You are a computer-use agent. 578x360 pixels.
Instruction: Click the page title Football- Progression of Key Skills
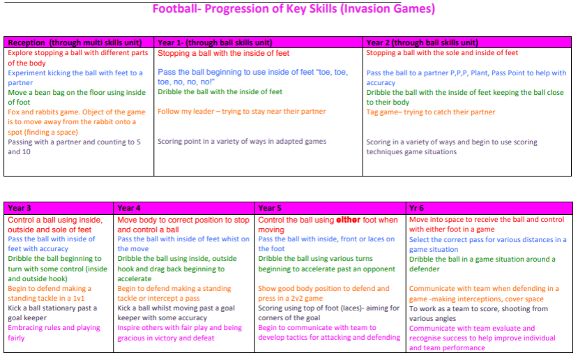click(294, 8)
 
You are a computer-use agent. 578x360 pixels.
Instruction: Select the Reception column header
click(79, 43)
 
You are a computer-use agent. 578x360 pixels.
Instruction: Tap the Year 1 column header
click(258, 43)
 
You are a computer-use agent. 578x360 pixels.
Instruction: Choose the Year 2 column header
click(467, 43)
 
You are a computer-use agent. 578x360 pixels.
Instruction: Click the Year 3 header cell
click(59, 208)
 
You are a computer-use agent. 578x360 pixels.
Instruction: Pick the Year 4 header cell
click(184, 208)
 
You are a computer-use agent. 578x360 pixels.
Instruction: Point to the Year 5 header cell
click(330, 208)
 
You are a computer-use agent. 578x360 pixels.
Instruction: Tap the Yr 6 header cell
click(489, 208)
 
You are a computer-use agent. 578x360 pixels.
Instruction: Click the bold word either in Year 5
click(348, 220)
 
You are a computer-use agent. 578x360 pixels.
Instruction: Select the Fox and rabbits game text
click(77, 121)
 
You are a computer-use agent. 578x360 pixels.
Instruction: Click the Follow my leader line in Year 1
click(242, 112)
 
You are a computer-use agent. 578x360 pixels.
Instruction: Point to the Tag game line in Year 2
click(431, 112)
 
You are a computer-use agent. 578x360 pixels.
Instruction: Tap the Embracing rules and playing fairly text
click(54, 333)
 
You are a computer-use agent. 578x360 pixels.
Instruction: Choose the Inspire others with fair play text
click(179, 333)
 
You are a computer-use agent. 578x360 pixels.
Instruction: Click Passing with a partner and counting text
click(74, 147)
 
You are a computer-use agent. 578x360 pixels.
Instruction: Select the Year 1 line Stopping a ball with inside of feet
click(223, 53)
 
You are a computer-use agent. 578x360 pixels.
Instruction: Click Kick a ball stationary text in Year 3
click(52, 313)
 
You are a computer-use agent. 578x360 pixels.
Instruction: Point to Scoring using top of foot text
click(329, 313)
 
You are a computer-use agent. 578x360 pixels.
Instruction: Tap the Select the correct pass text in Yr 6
click(487, 245)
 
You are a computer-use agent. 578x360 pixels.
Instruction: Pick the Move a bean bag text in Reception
click(77, 98)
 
